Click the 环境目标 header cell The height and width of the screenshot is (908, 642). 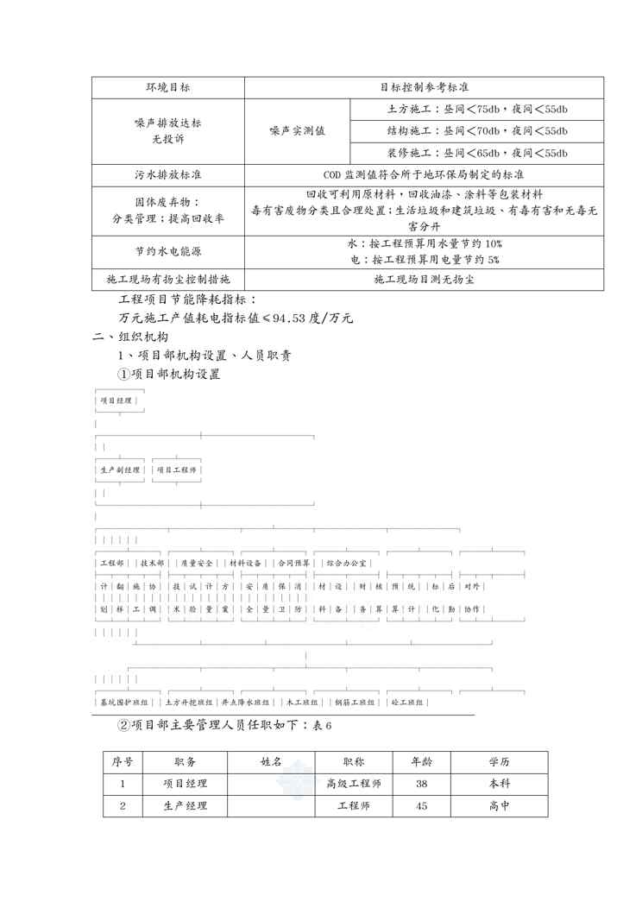point(168,87)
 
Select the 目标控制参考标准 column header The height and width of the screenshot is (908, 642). point(424,87)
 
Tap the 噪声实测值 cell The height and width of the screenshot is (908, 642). point(297,131)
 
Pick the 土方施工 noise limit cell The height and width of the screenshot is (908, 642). point(476,109)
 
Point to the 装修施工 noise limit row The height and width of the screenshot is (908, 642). point(476,153)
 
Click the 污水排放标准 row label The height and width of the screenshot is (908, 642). point(168,174)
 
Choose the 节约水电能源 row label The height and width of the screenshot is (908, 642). point(168,250)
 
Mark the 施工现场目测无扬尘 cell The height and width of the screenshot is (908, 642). point(424,280)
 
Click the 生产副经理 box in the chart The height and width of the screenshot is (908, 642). point(120,470)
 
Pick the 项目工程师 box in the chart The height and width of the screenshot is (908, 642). point(177,470)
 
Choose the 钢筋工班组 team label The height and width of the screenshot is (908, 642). point(349,703)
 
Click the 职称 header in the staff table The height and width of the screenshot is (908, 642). point(353,762)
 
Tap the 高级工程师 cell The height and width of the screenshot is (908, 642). point(353,785)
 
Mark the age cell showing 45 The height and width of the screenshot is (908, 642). point(421,806)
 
